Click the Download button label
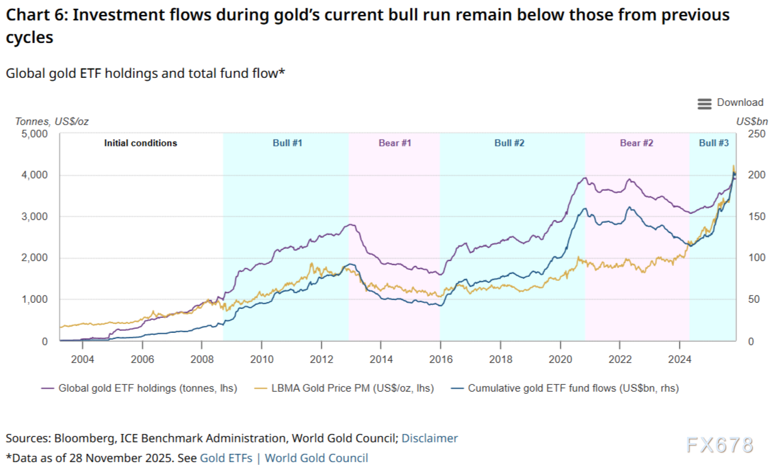point(740,103)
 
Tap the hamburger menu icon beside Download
point(704,103)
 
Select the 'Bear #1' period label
point(395,143)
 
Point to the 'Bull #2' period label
point(509,143)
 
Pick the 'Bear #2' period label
point(636,143)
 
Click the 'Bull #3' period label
point(713,143)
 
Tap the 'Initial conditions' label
point(140,143)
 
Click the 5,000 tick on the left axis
point(33,134)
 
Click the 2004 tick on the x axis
point(82,359)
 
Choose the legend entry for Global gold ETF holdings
point(147,388)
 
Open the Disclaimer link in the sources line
point(429,438)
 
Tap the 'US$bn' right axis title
point(751,121)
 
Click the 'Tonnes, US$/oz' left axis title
point(52,121)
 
